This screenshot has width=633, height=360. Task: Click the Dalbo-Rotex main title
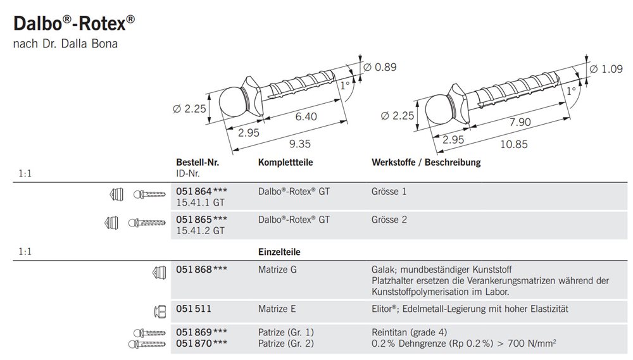[73, 23]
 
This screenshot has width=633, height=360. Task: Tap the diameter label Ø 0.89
[382, 68]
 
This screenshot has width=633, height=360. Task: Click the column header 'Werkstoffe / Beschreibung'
[425, 163]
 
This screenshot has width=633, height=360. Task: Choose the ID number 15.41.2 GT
[200, 230]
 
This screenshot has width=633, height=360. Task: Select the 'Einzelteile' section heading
[279, 252]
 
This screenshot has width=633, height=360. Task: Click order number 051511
[193, 309]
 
